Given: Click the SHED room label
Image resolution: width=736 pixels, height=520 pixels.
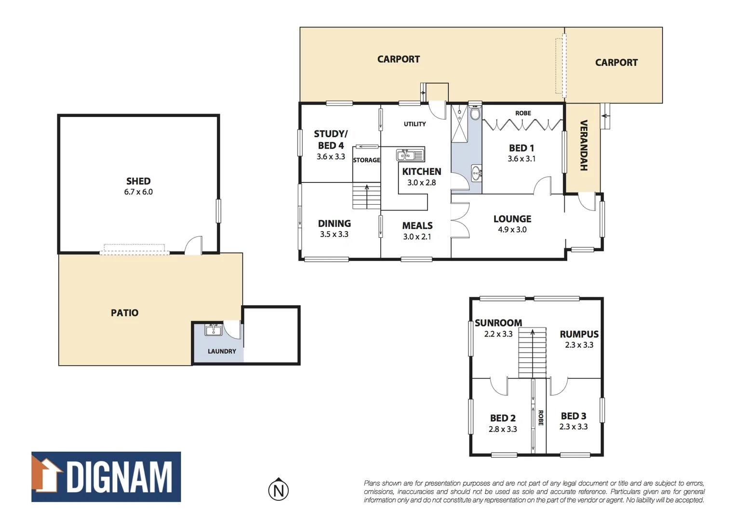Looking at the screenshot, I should click(x=138, y=181).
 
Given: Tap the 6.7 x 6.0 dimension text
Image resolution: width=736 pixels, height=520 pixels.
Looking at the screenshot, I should click(x=138, y=192).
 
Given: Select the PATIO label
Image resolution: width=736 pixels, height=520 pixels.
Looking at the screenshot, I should click(x=124, y=313).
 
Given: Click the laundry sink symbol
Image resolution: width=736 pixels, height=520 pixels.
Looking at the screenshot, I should click(x=213, y=330).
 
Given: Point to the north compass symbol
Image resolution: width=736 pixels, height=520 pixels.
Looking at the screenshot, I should click(x=278, y=490).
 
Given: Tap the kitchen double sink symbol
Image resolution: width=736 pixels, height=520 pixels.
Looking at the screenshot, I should click(x=410, y=155).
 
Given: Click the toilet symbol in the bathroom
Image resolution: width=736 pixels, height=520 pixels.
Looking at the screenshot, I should click(x=475, y=113).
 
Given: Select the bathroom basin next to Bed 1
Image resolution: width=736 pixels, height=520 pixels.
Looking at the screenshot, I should click(x=476, y=172).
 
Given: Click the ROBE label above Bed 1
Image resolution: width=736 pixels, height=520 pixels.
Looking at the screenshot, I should click(x=523, y=113).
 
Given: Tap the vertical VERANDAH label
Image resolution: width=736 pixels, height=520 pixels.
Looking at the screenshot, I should click(x=583, y=145).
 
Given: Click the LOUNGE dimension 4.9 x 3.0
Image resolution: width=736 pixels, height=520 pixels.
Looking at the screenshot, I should click(x=512, y=230).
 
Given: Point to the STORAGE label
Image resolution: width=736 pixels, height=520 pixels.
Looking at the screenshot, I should click(x=366, y=160).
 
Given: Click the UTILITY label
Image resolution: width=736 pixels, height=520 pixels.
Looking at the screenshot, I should click(x=415, y=124).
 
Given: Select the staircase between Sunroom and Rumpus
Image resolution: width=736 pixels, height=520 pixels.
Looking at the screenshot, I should click(x=532, y=352).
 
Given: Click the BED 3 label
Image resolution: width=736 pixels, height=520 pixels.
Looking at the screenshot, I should click(x=573, y=416).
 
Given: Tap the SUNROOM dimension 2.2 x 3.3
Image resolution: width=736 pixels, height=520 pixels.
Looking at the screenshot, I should click(x=498, y=334).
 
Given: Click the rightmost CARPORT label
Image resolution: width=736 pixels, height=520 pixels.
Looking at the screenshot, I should click(x=616, y=63).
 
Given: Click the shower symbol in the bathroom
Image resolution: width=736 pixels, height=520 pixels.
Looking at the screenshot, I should click(x=459, y=124).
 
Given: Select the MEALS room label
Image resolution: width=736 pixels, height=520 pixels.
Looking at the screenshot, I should click(x=417, y=225).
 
